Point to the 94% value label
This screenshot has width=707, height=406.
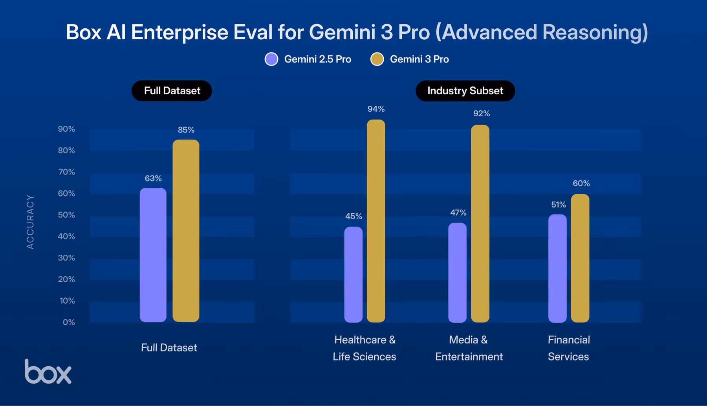click(376, 109)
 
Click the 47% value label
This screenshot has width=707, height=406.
click(458, 213)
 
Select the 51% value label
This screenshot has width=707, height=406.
click(558, 204)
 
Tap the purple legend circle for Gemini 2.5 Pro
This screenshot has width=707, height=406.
click(271, 59)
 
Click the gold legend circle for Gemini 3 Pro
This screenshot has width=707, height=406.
click(377, 59)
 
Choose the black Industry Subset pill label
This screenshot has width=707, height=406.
click(465, 91)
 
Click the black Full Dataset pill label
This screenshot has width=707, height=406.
click(172, 91)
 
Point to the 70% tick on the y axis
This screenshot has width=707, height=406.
click(66, 172)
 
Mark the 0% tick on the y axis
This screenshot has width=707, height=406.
click(69, 322)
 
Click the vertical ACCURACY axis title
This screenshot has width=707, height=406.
click(30, 222)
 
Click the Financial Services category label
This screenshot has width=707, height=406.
click(569, 348)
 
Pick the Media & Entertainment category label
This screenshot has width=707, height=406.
click(469, 348)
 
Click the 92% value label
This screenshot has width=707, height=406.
click(482, 114)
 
